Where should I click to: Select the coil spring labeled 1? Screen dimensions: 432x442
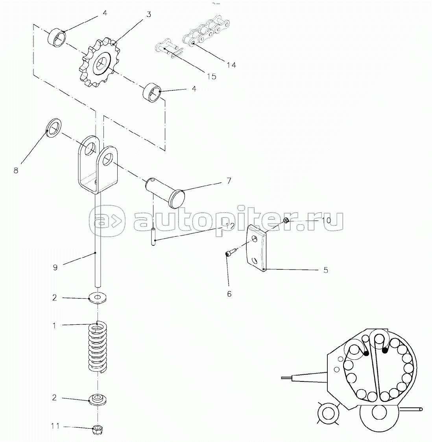point(98,347)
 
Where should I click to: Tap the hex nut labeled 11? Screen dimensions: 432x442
point(98,430)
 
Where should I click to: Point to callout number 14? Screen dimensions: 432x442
point(231,65)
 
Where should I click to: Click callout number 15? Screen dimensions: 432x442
point(211,76)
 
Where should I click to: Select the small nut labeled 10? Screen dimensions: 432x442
point(285,220)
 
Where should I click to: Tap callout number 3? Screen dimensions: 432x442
point(149,14)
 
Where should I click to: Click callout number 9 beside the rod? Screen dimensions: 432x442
point(55,267)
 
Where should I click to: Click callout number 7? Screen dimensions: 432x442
point(229,180)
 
